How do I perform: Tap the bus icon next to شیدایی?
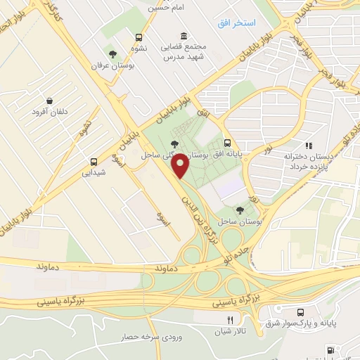coord(94,160)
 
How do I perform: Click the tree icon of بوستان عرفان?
coord(112,53)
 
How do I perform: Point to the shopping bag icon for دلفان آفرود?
coord(48,101)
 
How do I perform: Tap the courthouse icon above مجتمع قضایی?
coord(184,37)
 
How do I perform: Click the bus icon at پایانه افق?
coord(227,141)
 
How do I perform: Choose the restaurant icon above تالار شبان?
coord(221,321)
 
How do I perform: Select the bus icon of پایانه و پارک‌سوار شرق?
coord(301,311)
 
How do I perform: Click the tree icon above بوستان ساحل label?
coord(240,209)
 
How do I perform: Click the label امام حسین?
coord(165,8)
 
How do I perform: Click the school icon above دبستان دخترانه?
coord(308,145)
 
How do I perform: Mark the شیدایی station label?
coord(95,172)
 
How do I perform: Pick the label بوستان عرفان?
coord(111,65)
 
